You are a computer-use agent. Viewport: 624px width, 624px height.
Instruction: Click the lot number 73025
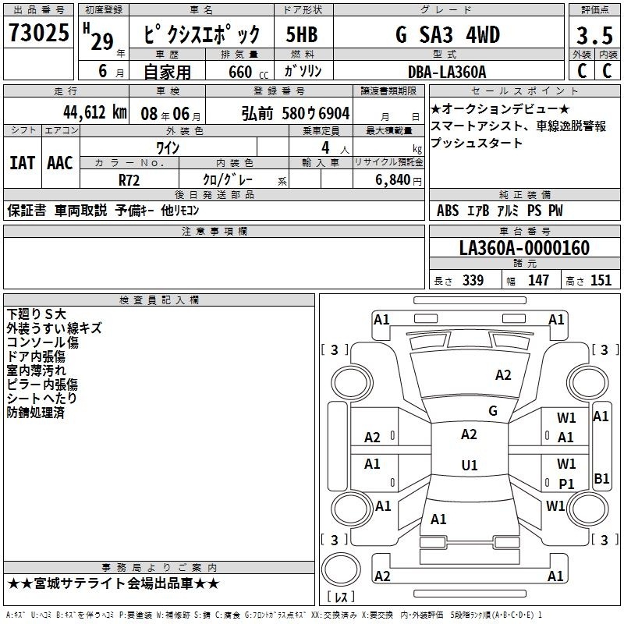click(38, 33)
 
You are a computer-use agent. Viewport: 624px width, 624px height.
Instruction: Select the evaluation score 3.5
click(594, 35)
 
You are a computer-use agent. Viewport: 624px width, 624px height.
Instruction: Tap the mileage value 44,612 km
click(95, 112)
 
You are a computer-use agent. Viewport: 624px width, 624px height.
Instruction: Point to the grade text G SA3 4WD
click(448, 34)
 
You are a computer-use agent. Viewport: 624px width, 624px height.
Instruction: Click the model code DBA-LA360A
click(447, 72)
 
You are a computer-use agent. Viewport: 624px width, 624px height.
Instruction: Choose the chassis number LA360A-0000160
click(524, 248)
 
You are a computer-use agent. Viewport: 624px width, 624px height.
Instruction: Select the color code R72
click(129, 180)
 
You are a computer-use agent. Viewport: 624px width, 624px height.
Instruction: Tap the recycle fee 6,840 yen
click(399, 180)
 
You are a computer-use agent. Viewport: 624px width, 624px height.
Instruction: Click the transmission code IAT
click(23, 163)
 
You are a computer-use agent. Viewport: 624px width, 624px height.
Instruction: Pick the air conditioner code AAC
click(60, 163)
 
